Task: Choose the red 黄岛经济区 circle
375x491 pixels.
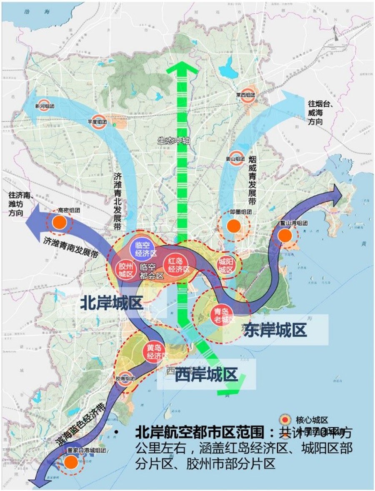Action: tap(154, 351)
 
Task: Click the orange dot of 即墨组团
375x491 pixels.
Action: tap(234, 226)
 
